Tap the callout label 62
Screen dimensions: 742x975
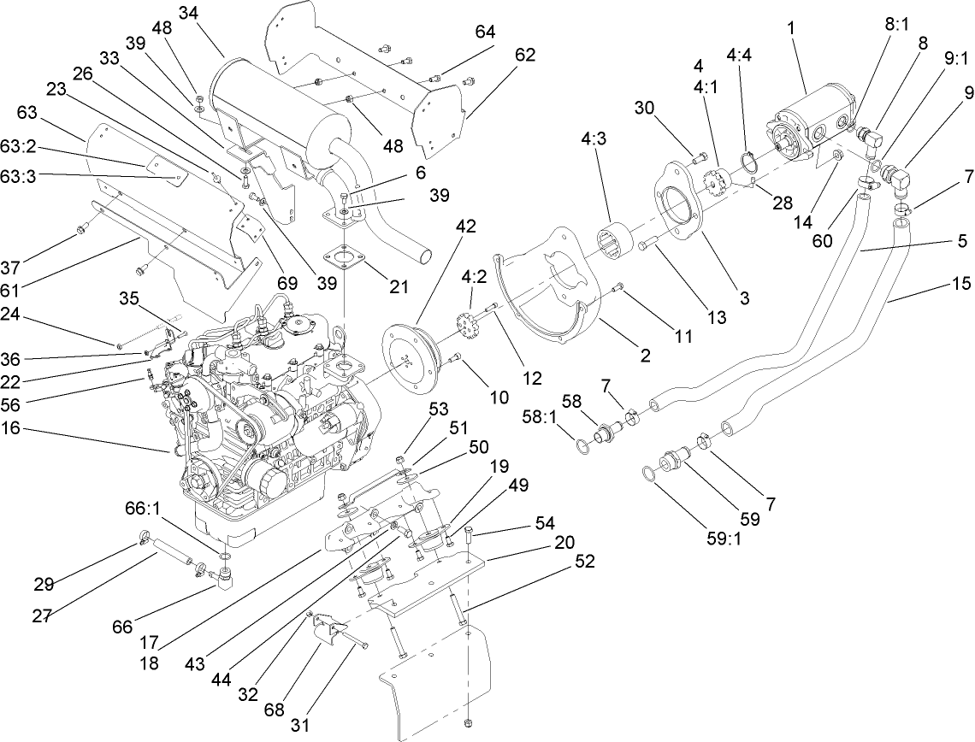(524, 55)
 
